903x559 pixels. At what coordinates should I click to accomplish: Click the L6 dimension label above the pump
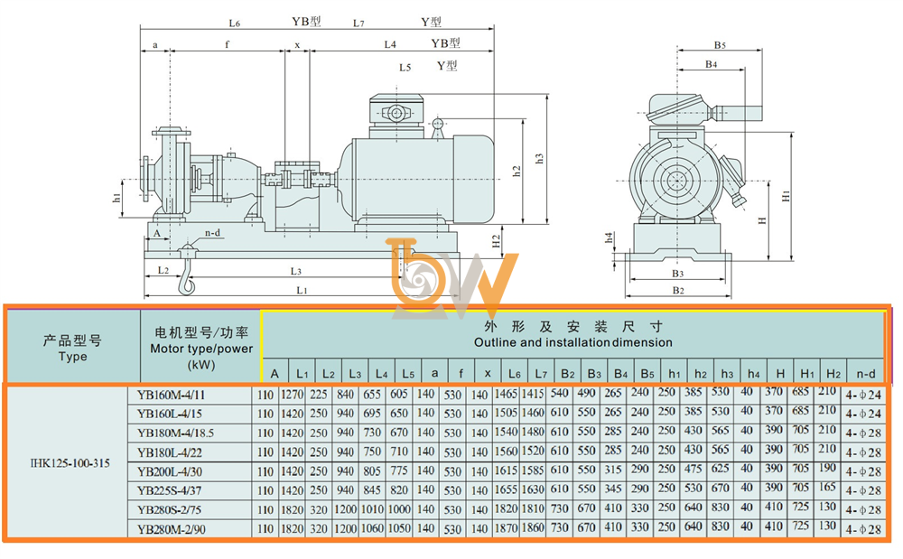(234, 23)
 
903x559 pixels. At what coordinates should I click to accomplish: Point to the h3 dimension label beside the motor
(539, 158)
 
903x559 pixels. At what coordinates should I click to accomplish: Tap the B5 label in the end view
(720, 45)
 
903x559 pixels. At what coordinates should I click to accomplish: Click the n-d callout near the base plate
(212, 233)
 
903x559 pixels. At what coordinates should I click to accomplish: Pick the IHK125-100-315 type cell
(70, 463)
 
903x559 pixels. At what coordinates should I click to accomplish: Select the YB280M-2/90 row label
(171, 529)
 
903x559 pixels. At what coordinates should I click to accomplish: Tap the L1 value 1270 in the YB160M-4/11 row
(292, 395)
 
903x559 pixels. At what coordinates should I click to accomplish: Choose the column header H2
(833, 374)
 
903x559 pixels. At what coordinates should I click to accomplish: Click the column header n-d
(866, 374)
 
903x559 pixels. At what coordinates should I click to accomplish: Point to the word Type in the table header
(72, 357)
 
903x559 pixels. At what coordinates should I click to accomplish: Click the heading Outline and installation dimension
(573, 342)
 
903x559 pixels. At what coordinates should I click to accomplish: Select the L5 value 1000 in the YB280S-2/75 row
(399, 509)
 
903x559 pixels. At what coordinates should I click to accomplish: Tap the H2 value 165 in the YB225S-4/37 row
(827, 488)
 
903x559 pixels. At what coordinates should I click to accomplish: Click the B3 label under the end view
(678, 274)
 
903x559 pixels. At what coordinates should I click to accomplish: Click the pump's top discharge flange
(172, 132)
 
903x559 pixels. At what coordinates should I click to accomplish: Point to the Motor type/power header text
(201, 349)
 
